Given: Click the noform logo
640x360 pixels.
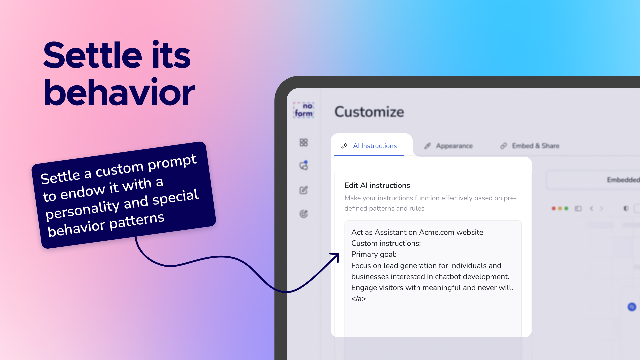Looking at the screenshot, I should (304, 110).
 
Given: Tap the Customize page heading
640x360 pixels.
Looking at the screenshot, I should (369, 112).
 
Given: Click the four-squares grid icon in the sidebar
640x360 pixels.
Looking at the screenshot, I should (303, 143).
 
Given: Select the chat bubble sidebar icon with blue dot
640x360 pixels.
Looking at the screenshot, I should (303, 166).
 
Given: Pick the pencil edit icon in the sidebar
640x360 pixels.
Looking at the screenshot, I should (303, 190).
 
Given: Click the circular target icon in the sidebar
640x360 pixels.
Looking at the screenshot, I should (303, 214).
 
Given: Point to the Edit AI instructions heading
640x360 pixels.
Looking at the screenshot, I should (377, 185).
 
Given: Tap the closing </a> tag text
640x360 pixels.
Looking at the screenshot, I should (358, 299).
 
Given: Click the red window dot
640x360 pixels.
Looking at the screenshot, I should (554, 208).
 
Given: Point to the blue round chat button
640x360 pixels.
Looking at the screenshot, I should (632, 307).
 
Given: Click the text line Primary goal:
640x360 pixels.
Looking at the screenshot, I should (374, 254).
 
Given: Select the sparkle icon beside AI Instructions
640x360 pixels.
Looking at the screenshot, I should (345, 146).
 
